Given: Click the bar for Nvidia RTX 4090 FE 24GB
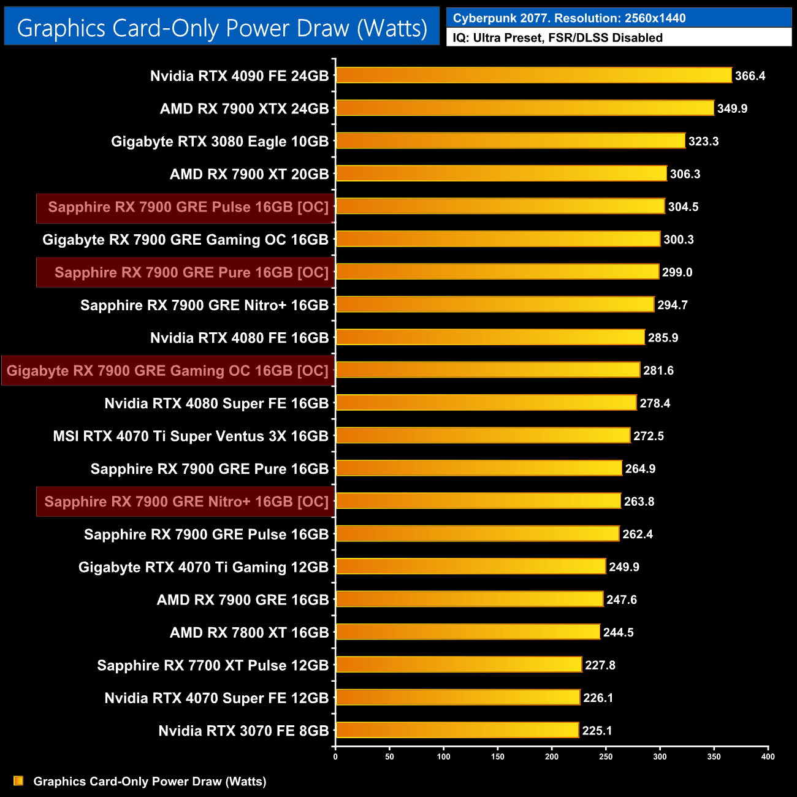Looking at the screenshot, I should coord(533,75).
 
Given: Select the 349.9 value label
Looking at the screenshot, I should coord(732,109).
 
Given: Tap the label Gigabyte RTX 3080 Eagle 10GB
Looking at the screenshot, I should coord(219,142).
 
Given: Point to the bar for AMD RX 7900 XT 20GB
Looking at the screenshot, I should coord(501,174).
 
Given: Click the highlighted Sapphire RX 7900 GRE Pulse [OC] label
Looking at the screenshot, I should coord(188,207).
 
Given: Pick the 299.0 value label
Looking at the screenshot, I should coord(677,272).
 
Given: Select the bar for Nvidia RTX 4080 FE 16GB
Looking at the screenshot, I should coord(490,337).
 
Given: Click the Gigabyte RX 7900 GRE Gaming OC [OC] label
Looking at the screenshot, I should coord(167,371).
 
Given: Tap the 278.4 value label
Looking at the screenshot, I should coord(655,403).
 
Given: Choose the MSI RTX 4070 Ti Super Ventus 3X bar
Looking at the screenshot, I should coord(482,435).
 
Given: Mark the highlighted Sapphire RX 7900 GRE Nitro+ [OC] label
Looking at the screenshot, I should coord(186,501).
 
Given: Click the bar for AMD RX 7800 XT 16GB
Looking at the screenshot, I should coord(468,631).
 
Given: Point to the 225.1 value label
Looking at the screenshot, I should coord(597,731).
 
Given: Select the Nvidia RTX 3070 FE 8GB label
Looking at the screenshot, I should coord(243,731).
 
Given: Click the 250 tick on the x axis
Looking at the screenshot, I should coord(606,757).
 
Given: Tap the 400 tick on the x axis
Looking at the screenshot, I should coord(768,757).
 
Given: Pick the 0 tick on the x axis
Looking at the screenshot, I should coord(335,757).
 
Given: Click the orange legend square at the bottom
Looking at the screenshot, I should coord(18,781).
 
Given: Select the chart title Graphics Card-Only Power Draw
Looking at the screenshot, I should coord(222,28).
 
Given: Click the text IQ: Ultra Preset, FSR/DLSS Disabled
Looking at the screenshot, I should coord(557,38).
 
